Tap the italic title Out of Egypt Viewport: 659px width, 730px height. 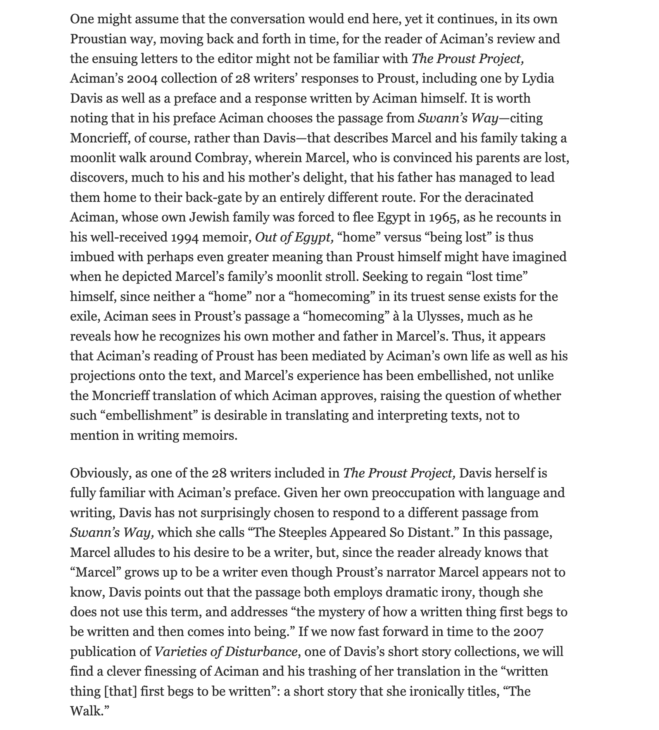tap(294, 237)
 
